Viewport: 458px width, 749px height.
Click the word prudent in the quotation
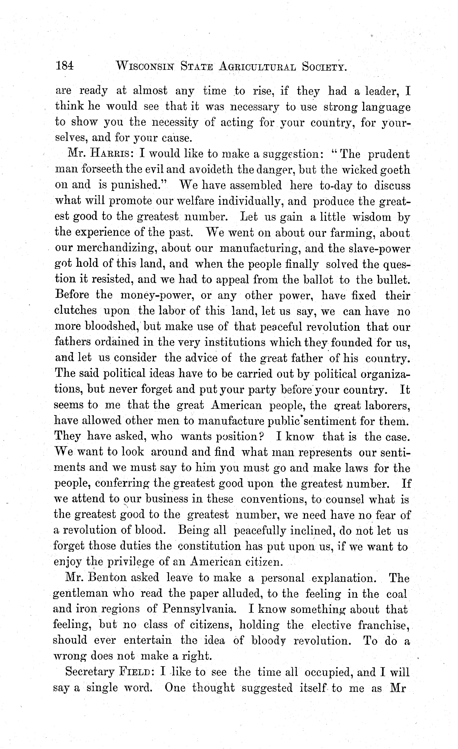click(x=389, y=154)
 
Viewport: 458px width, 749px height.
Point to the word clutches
click(x=76, y=311)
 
